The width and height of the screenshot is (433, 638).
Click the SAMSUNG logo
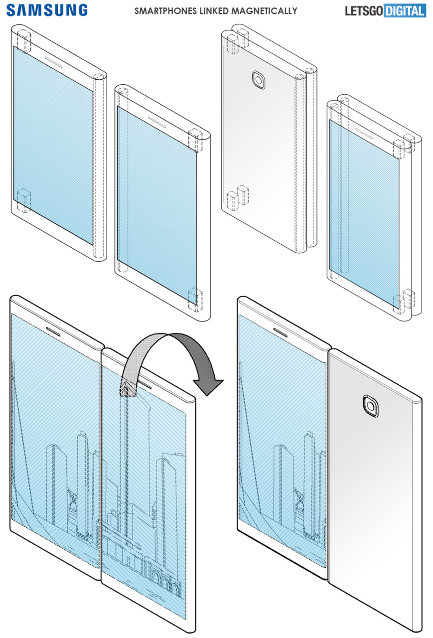click(47, 10)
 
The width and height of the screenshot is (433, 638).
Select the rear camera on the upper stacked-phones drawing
click(259, 80)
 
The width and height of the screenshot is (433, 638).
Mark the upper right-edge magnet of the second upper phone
click(195, 140)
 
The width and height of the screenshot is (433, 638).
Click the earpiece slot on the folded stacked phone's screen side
click(363, 131)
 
